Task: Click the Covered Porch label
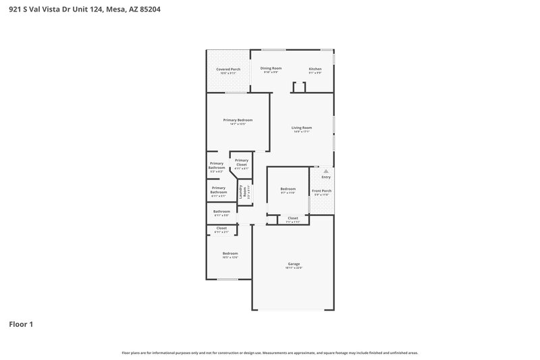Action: [x=228, y=69]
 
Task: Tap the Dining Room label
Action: [x=271, y=68]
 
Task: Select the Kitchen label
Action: [x=315, y=69]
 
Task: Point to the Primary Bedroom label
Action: [x=238, y=120]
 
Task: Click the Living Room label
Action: [x=302, y=128]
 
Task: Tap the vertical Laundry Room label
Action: [x=241, y=191]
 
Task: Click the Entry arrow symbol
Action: [x=326, y=172]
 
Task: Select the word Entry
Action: [x=326, y=177]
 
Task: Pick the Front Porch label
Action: [x=321, y=190]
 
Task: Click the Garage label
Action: [x=294, y=263]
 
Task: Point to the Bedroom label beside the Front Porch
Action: [x=288, y=188]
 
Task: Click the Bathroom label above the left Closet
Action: [x=222, y=211]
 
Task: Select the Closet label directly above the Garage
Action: [x=293, y=217]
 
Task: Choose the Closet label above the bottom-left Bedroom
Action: [x=221, y=228]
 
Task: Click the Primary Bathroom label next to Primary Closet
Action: [x=217, y=165]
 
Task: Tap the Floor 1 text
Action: [x=21, y=324]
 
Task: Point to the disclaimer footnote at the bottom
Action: [x=270, y=353]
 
